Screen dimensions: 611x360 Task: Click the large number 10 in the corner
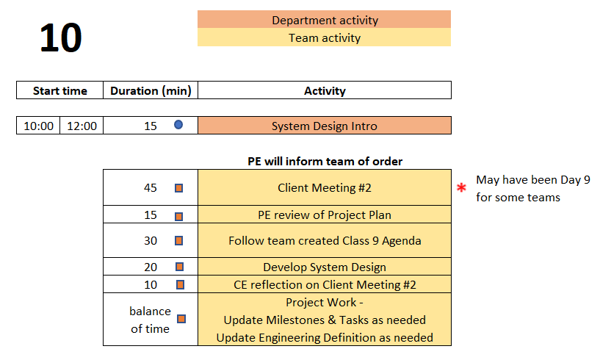[61, 37]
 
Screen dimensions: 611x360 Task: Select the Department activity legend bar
[324, 20]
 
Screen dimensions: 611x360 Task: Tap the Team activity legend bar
[324, 37]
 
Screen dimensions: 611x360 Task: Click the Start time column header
[60, 90]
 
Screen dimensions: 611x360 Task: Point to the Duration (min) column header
[151, 90]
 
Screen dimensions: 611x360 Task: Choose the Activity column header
[325, 90]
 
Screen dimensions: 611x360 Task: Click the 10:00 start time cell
[38, 126]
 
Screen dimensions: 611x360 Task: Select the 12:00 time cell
[82, 126]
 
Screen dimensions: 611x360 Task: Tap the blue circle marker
[178, 125]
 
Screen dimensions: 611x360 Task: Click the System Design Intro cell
[325, 126]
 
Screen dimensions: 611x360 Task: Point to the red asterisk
[461, 187]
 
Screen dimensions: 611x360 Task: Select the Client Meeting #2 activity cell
[325, 187]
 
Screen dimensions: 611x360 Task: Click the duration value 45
[151, 187]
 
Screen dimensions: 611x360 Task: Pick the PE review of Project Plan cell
[325, 215]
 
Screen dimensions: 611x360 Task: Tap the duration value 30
[151, 241]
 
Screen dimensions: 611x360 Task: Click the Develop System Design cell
[325, 267]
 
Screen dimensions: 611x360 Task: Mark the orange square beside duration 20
[180, 267]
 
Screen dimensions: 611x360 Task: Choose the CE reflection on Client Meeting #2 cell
[325, 284]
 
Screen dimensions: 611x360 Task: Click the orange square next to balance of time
[181, 319]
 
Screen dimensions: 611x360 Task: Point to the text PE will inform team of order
[325, 161]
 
